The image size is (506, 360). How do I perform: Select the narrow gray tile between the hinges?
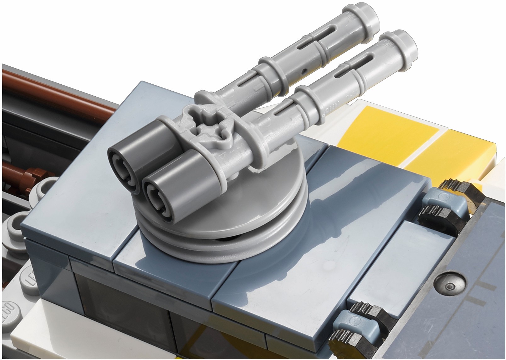click(400, 271)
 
